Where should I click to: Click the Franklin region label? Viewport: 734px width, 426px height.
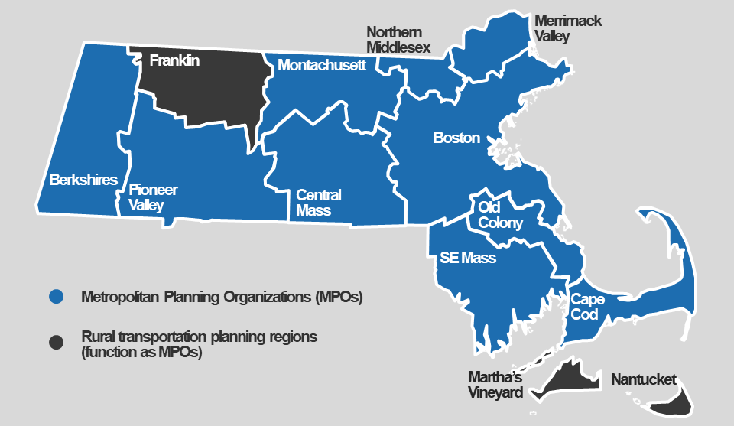[174, 60]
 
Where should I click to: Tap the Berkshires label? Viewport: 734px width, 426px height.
[83, 180]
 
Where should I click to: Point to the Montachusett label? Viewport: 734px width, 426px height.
[322, 66]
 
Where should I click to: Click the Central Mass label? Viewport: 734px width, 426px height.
[318, 203]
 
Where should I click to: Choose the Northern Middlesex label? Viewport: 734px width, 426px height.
[398, 40]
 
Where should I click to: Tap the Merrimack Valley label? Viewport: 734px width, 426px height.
[567, 28]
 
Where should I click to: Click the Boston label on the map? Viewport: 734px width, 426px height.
[456, 138]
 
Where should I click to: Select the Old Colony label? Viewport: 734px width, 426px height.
[500, 215]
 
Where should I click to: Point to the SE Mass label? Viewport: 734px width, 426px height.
[467, 258]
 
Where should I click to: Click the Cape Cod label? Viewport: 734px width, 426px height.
[587, 307]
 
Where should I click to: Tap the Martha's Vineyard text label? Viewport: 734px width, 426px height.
[495, 385]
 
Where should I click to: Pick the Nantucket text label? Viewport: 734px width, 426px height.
[644, 379]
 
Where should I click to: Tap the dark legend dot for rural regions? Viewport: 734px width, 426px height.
[55, 342]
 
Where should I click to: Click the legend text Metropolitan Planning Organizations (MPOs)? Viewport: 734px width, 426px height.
[222, 298]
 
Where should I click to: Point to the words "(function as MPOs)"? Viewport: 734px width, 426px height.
[141, 353]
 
